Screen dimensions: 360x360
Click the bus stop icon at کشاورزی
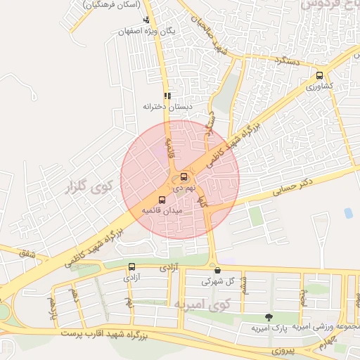[x=320, y=75]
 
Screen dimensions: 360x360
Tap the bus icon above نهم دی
[x=184, y=176]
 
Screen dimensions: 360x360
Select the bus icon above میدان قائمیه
[x=162, y=200]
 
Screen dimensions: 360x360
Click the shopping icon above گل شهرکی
[x=217, y=270]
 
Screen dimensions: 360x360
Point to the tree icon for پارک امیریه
[x=268, y=317]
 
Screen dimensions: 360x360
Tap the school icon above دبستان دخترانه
[x=167, y=96]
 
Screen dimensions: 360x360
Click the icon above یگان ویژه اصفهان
[x=146, y=20]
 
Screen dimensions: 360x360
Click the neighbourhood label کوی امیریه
[x=202, y=304]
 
